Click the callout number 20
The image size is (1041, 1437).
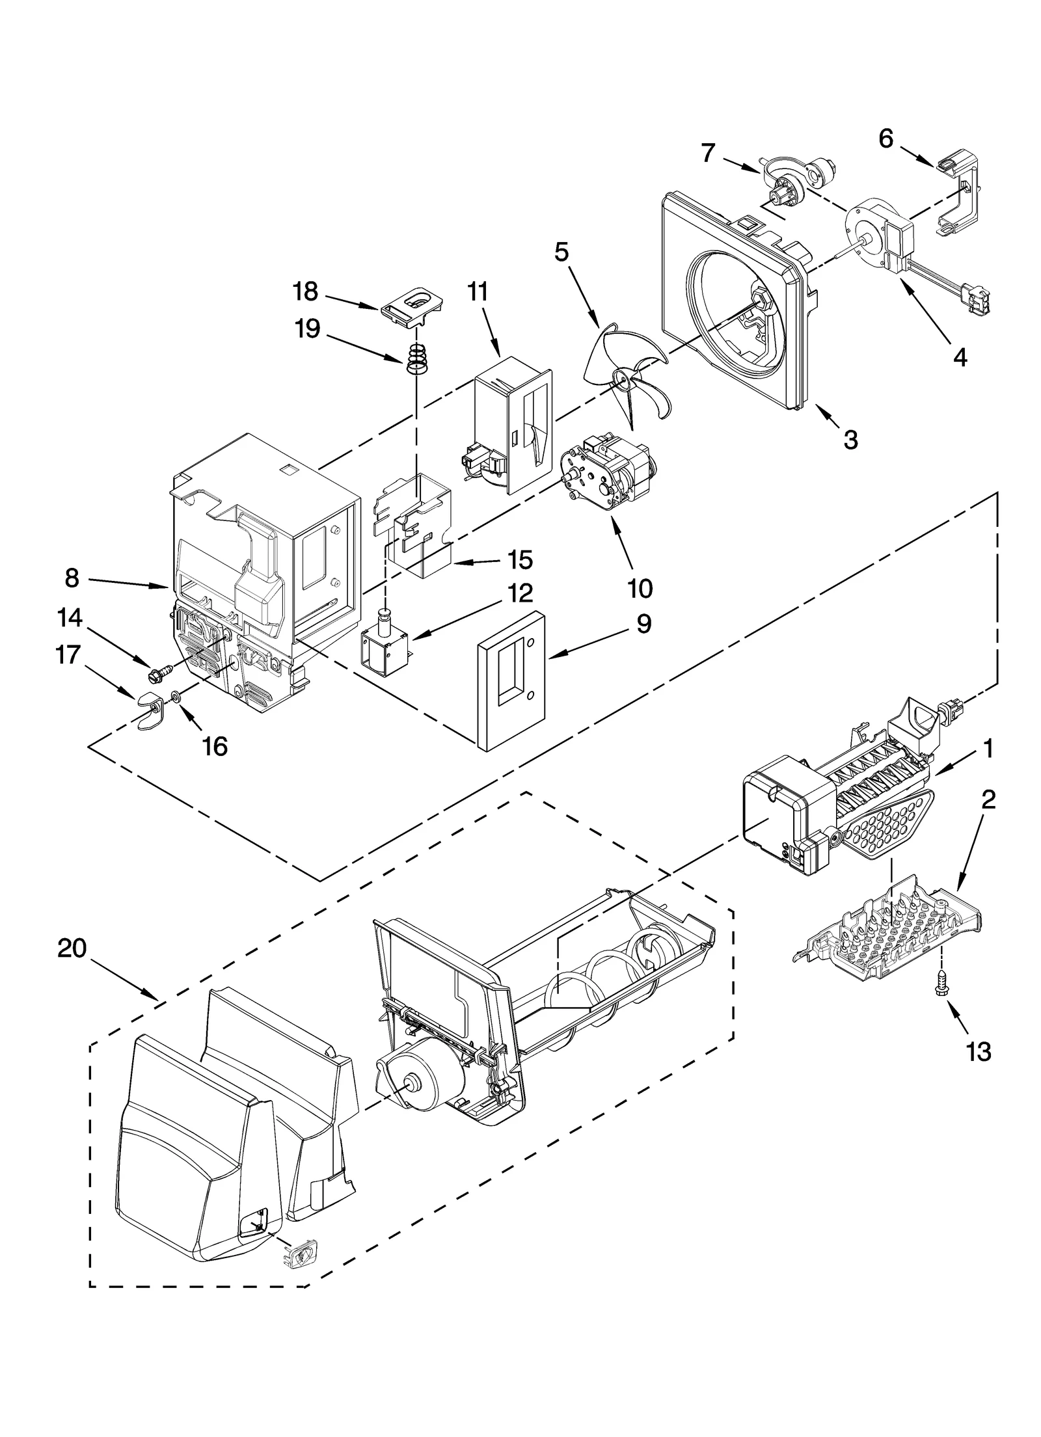click(x=72, y=948)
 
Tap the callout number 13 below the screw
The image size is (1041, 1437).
click(x=979, y=1051)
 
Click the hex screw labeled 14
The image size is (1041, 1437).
click(x=159, y=675)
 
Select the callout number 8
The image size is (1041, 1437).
click(x=72, y=577)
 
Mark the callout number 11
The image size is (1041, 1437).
click(x=477, y=292)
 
